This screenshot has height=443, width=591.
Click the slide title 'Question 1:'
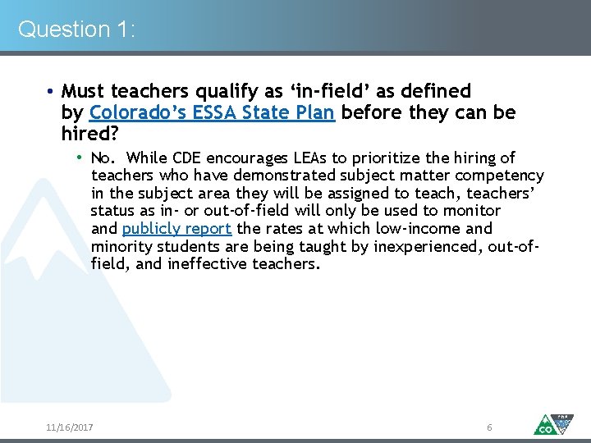(x=76, y=30)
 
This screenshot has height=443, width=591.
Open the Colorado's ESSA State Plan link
(x=212, y=112)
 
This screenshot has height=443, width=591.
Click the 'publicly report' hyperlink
(x=176, y=229)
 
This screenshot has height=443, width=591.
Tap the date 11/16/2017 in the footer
(x=70, y=427)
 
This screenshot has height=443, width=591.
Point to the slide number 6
(x=489, y=427)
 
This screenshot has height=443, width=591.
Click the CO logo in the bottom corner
(x=552, y=423)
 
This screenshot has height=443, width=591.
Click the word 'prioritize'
(x=384, y=158)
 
